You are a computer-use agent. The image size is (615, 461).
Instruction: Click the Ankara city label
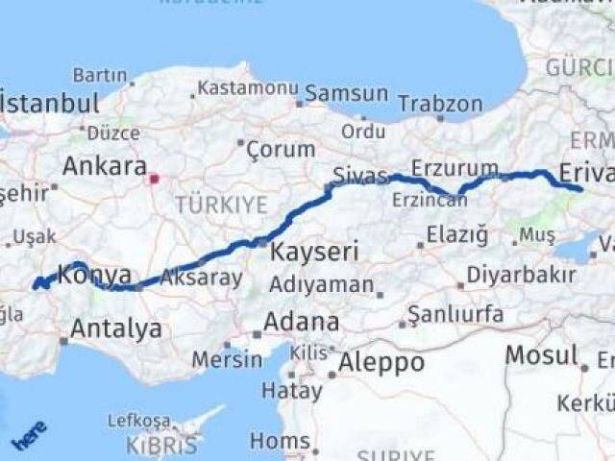coord(105,165)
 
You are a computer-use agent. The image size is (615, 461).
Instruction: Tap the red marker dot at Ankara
coord(153,178)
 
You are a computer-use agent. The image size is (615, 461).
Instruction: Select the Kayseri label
coord(314,253)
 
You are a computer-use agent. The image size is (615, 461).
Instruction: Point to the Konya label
coord(94,276)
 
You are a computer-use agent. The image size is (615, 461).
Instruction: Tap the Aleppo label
coord(380,362)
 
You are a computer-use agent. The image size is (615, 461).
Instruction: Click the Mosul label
coord(541,355)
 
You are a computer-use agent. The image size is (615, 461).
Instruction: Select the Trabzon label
coord(440,103)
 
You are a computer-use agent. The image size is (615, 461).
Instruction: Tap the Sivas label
coord(359,174)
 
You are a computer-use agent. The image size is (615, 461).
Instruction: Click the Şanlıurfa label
coord(455,314)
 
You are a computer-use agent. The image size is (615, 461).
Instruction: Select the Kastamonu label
coord(248,88)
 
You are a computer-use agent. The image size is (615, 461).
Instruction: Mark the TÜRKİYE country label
coord(207,204)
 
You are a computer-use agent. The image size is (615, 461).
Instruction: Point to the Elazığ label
coord(455,234)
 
